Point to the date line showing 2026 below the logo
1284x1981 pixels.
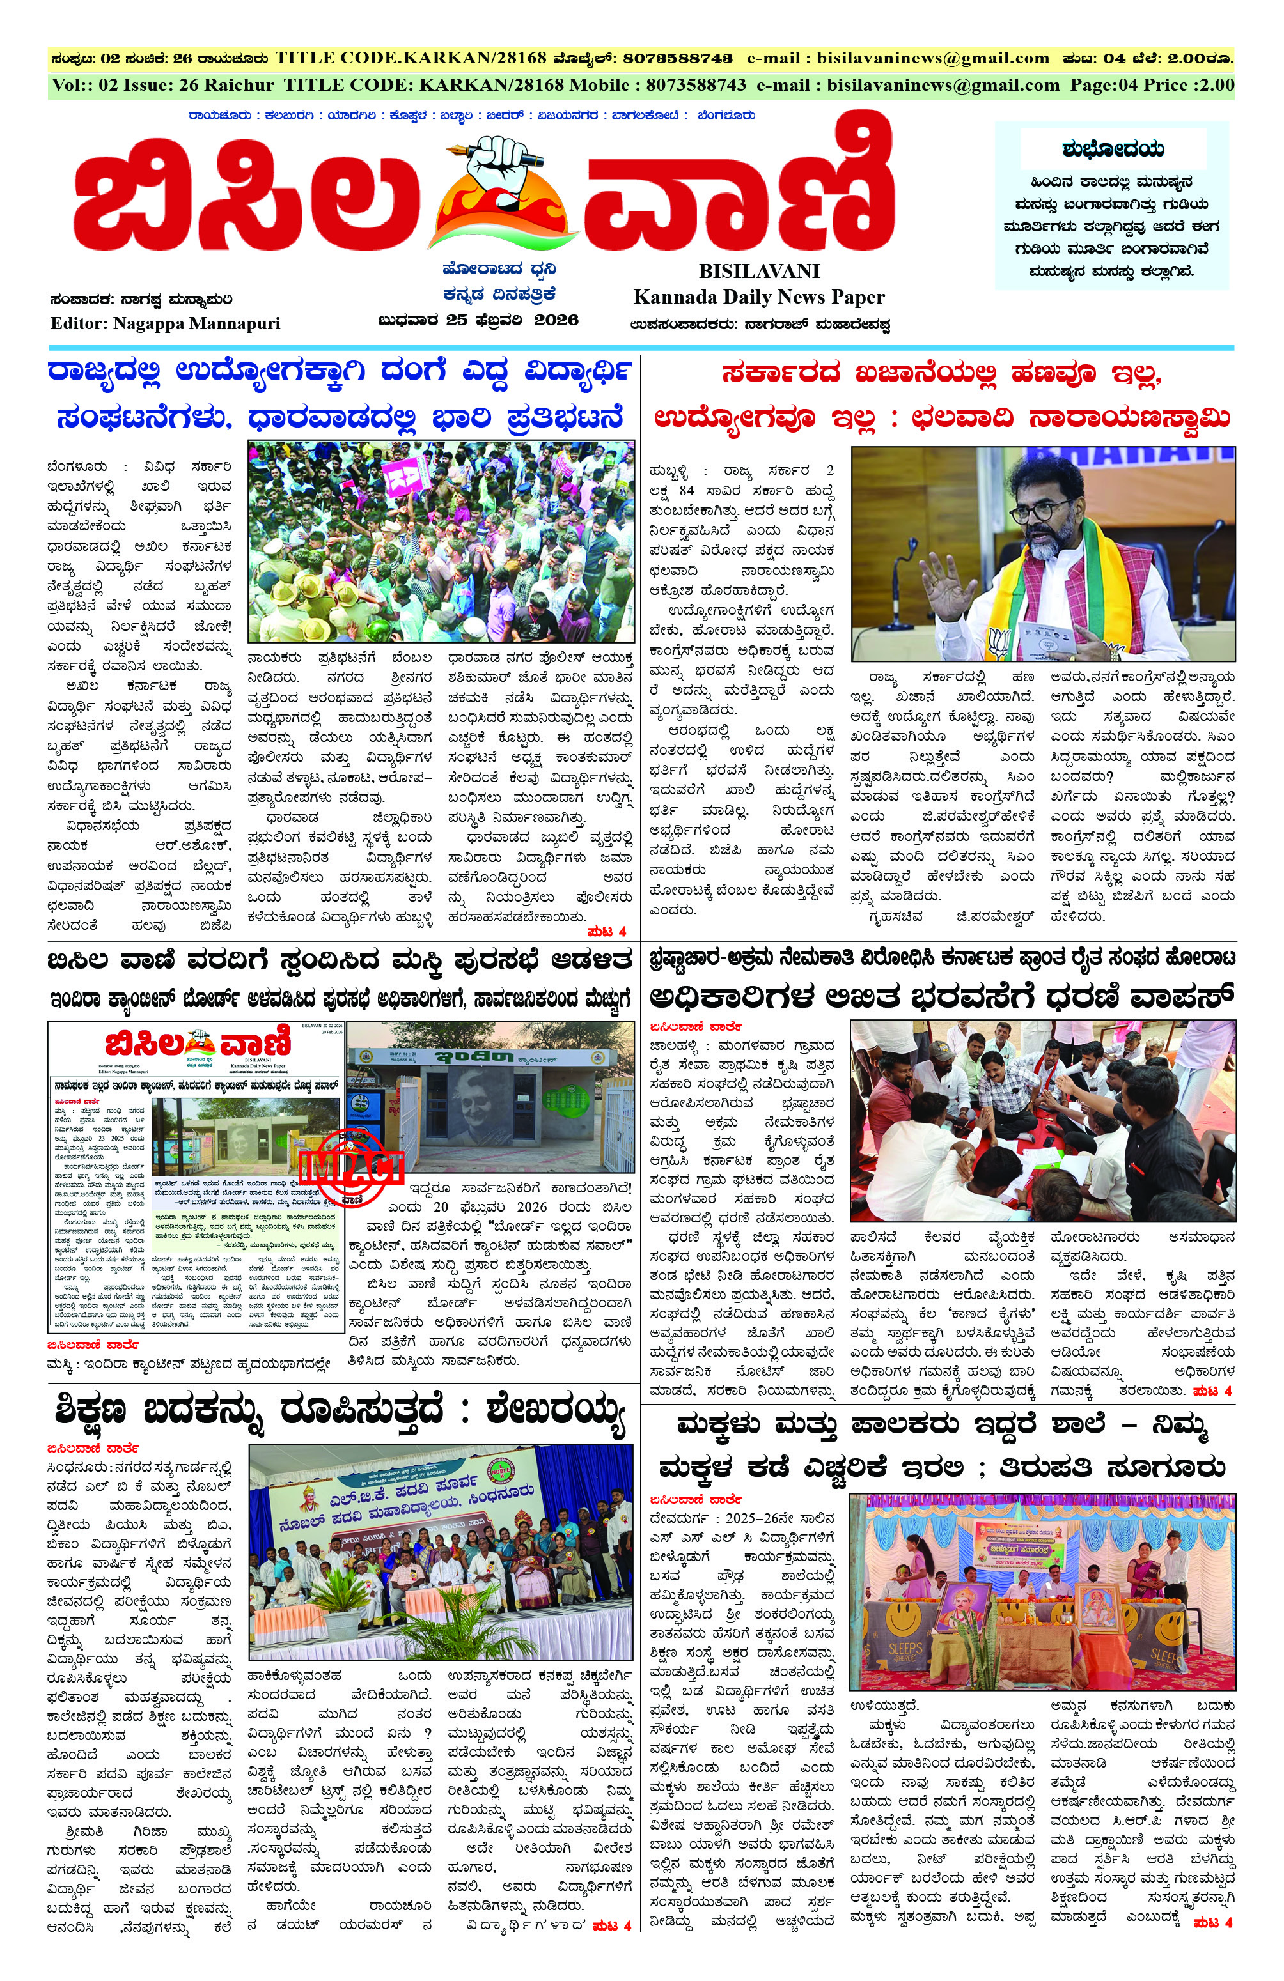click(x=478, y=320)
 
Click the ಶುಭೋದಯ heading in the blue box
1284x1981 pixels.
click(x=1113, y=150)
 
